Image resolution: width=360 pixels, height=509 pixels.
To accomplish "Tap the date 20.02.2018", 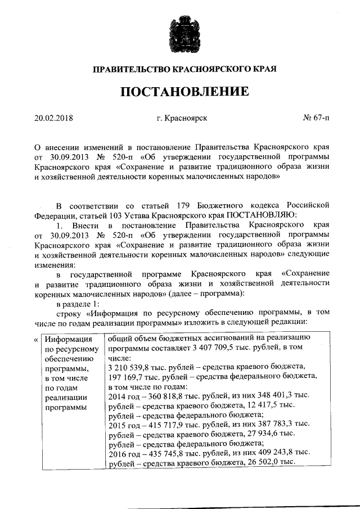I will click(54, 119).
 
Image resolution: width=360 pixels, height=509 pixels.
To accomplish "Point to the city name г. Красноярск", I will click(182, 119).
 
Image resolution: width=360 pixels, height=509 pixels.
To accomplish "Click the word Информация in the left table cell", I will click(69, 339).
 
